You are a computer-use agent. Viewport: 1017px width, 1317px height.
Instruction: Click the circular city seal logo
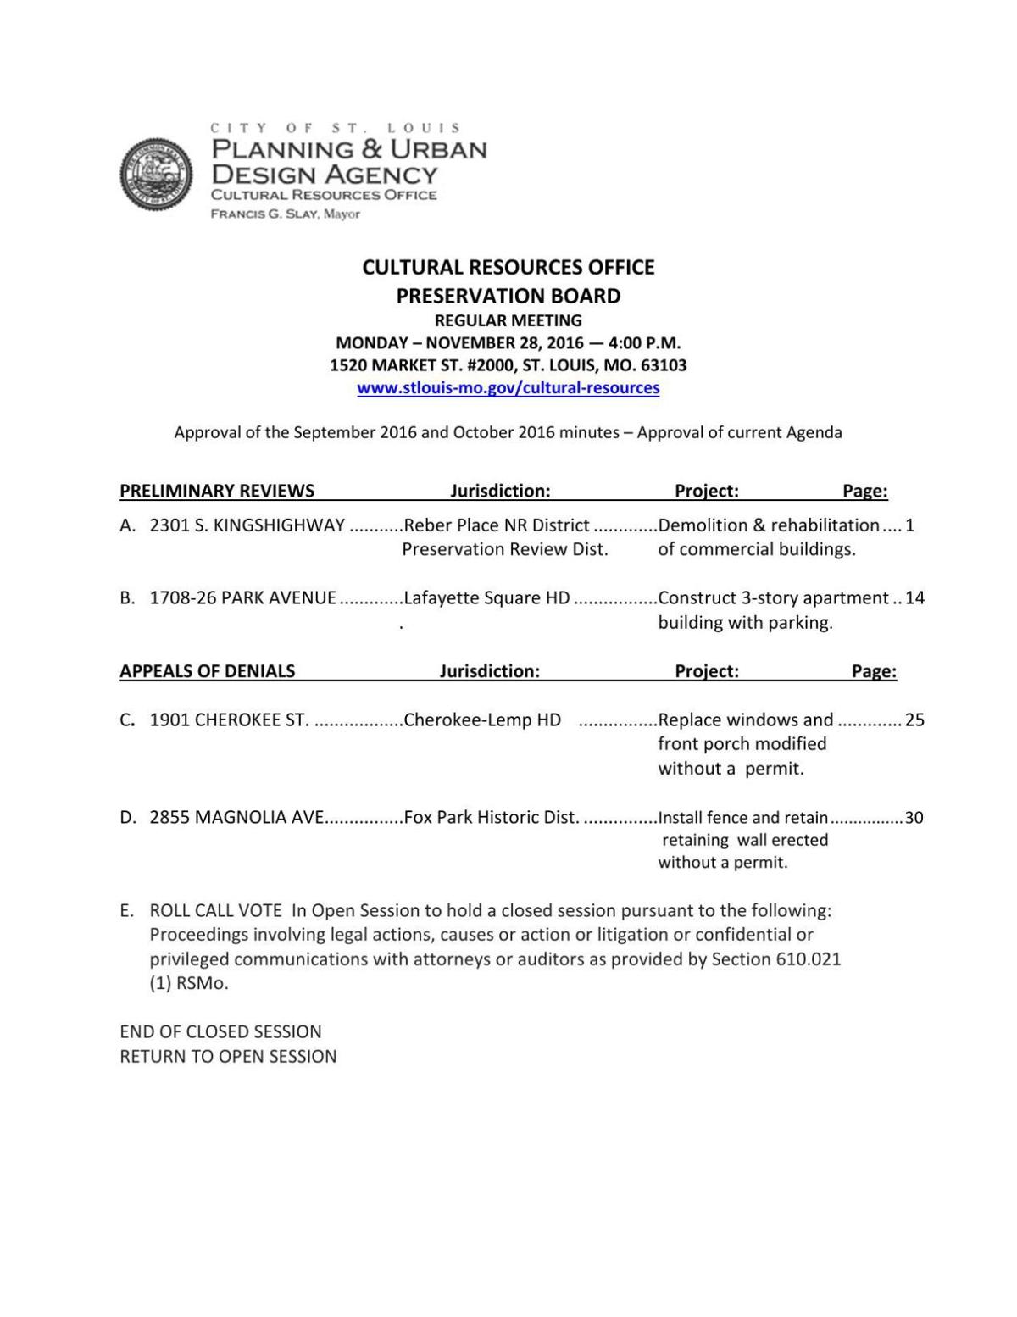[x=157, y=174]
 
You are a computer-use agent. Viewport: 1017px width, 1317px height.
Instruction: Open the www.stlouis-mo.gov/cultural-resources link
[x=508, y=388]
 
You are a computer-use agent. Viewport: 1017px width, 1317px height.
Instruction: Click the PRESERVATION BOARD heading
[x=508, y=296]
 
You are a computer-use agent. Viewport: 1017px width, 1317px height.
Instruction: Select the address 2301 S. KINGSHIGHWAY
[x=247, y=525]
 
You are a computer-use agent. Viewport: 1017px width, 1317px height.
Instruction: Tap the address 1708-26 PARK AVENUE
[x=242, y=598]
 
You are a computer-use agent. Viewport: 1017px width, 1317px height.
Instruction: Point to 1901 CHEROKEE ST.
[x=229, y=720]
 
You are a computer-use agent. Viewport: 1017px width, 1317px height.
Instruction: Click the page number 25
[x=914, y=720]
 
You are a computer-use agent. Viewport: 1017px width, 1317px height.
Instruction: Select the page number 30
[x=914, y=818]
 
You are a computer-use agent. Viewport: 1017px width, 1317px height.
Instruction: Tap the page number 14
[x=914, y=598]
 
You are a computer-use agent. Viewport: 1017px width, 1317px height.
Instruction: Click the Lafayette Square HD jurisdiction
[x=486, y=598]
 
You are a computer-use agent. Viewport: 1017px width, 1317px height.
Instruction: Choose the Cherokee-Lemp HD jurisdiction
[x=482, y=720]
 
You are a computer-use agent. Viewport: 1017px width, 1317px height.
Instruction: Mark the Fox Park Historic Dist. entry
[x=492, y=818]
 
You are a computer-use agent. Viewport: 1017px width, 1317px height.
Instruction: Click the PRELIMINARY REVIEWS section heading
[x=217, y=491]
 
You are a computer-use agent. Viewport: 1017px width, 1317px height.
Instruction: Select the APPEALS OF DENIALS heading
[x=208, y=671]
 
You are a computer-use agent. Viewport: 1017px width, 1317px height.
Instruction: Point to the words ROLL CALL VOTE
[x=215, y=911]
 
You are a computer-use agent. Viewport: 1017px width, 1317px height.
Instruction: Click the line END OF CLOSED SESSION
[x=220, y=1032]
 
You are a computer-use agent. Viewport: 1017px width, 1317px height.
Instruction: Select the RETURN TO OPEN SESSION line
[x=228, y=1057]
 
